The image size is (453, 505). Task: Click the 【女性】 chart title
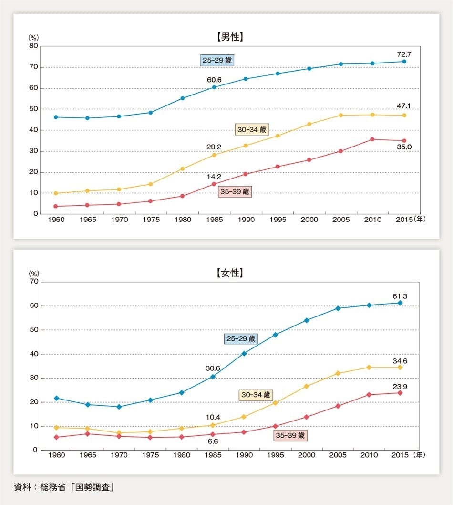(x=229, y=273)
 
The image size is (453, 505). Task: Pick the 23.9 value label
(x=400, y=387)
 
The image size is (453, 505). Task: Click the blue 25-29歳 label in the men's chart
(x=218, y=61)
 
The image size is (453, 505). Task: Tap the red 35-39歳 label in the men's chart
(x=235, y=192)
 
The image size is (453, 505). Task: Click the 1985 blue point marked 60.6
(x=214, y=87)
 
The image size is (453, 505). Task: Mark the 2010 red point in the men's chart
(x=372, y=139)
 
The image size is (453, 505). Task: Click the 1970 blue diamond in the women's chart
(x=119, y=407)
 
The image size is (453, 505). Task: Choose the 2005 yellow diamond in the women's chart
(x=338, y=373)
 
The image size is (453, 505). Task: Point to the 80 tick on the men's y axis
(x=34, y=46)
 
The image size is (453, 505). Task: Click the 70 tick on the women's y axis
(x=34, y=282)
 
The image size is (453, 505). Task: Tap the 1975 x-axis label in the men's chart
(x=151, y=220)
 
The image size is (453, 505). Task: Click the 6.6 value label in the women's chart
(x=213, y=442)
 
